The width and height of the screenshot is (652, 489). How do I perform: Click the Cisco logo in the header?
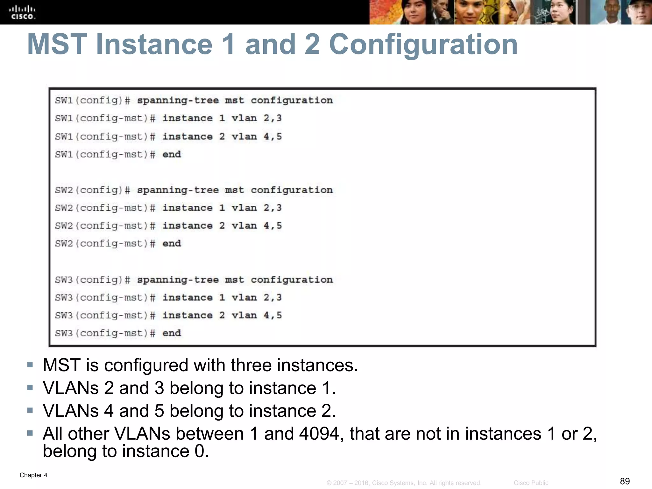click(x=23, y=13)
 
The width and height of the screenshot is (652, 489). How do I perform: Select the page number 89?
click(x=625, y=481)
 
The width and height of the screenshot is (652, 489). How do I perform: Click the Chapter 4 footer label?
click(x=33, y=475)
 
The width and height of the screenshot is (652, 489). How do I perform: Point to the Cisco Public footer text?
click(x=531, y=483)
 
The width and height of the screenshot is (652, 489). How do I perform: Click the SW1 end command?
click(x=172, y=155)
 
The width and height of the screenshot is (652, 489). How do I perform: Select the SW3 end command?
click(x=172, y=333)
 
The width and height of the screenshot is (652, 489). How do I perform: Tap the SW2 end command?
click(x=172, y=244)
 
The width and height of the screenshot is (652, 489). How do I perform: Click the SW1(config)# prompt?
click(x=92, y=101)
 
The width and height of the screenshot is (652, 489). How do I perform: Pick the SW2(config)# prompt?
click(x=92, y=190)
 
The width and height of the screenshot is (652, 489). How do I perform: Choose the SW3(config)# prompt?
click(x=92, y=280)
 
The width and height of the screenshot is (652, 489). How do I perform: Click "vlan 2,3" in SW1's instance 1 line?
click(x=257, y=118)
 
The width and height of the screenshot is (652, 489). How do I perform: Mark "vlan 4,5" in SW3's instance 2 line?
click(x=257, y=315)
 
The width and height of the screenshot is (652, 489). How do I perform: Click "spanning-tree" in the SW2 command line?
click(x=178, y=190)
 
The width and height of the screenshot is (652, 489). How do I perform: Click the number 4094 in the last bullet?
click(x=319, y=434)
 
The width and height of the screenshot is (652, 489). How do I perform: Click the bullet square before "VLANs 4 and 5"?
click(x=30, y=410)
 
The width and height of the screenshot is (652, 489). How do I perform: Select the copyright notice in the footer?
click(x=404, y=483)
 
